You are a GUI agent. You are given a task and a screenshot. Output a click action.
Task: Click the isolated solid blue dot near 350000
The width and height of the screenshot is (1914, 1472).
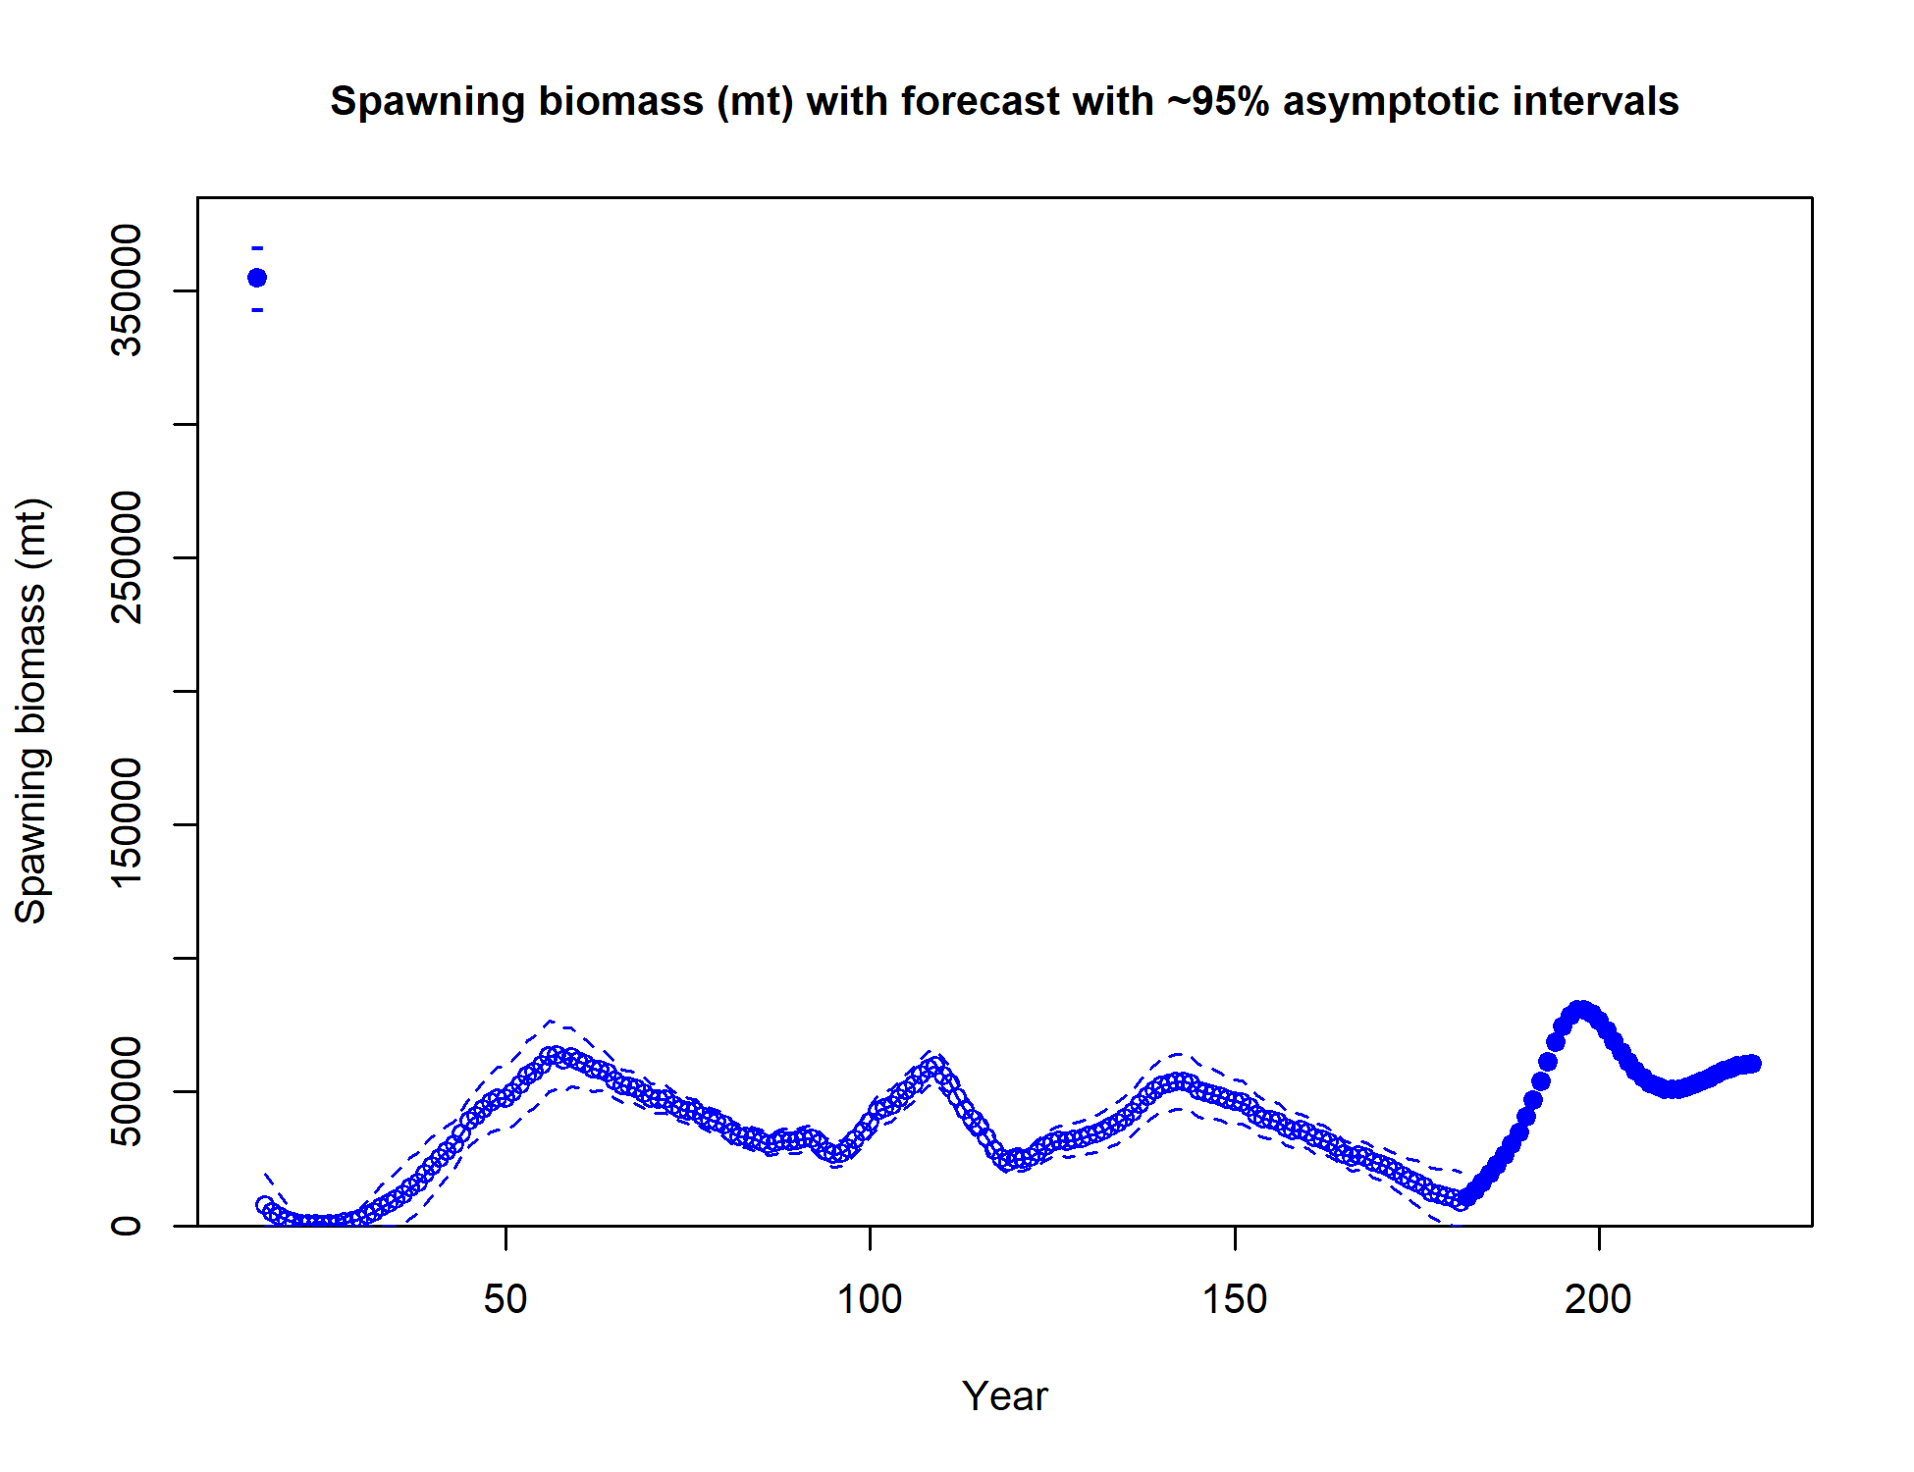[x=257, y=278]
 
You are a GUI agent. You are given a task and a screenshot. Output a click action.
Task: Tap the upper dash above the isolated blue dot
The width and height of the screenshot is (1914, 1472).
[x=257, y=248]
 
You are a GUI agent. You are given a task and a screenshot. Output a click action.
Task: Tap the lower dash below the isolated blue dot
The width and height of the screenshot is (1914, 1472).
[x=257, y=310]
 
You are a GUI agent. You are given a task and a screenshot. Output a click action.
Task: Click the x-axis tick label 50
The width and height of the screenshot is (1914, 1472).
[x=505, y=1299]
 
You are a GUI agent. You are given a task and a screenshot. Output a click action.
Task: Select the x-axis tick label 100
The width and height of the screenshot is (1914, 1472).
[x=870, y=1299]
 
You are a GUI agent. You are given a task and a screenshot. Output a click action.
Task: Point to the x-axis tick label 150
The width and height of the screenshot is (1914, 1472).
[x=1235, y=1299]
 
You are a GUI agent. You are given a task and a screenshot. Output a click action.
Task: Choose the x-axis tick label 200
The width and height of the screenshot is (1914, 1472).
[x=1599, y=1299]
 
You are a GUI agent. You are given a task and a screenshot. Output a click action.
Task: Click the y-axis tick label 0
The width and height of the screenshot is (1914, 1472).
[x=127, y=1225]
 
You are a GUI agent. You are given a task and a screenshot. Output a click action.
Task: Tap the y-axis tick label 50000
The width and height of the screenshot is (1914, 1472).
[x=127, y=1091]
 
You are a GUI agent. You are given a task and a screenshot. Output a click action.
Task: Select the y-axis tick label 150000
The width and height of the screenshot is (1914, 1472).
[x=127, y=824]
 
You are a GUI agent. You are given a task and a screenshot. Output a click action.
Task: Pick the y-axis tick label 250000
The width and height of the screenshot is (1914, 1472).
[x=127, y=557]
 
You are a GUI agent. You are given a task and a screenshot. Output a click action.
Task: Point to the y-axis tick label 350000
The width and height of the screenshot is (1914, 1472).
[x=127, y=290]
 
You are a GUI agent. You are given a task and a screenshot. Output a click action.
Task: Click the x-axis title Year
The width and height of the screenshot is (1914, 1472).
[x=1005, y=1396]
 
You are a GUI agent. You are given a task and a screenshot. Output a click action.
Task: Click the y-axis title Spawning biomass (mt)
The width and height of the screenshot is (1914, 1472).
[x=31, y=711]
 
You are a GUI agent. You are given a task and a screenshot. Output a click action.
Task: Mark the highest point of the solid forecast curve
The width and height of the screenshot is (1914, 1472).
[x=1579, y=1011]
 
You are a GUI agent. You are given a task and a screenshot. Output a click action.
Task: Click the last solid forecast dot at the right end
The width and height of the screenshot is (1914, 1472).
[x=1752, y=1064]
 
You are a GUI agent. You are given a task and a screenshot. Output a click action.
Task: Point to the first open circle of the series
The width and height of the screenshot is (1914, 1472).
[x=265, y=1205]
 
